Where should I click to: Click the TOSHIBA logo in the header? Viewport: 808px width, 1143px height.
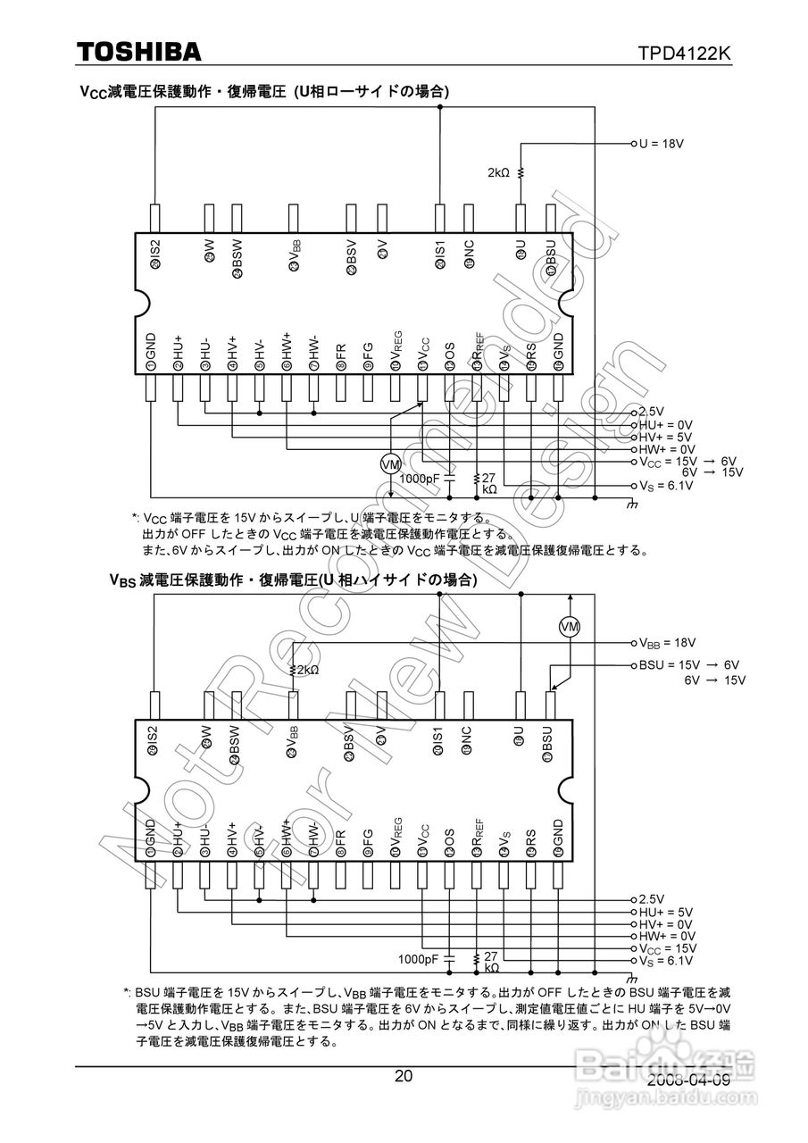click(138, 53)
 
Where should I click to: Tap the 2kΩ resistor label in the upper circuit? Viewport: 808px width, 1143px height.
click(498, 172)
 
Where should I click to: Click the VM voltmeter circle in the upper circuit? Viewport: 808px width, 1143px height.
click(390, 464)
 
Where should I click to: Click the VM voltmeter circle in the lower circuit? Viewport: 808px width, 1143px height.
click(570, 627)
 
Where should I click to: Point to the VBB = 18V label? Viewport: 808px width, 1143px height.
click(666, 642)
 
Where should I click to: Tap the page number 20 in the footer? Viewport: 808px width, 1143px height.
click(404, 1076)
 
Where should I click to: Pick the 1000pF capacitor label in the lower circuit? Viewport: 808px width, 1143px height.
click(419, 959)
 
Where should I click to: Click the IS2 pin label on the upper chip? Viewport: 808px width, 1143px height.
click(155, 254)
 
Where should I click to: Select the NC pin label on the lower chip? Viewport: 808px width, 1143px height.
click(467, 739)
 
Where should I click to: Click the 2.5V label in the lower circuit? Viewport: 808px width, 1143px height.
click(653, 899)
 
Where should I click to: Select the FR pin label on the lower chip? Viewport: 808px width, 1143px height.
click(340, 840)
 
